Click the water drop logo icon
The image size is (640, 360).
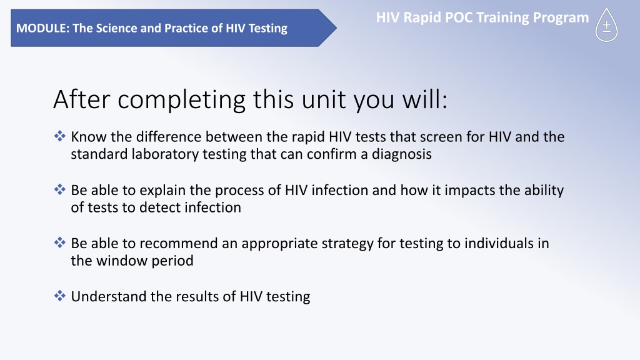click(606, 25)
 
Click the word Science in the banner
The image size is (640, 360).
click(114, 28)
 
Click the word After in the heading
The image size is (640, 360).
click(82, 99)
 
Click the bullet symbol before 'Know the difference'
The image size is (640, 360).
click(59, 136)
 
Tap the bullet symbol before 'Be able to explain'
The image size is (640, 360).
click(59, 189)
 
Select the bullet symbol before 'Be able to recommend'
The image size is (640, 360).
click(59, 243)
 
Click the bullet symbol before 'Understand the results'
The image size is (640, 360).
click(59, 296)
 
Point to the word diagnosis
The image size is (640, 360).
click(402, 155)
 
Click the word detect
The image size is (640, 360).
click(160, 207)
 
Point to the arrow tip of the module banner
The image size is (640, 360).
click(336, 27)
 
